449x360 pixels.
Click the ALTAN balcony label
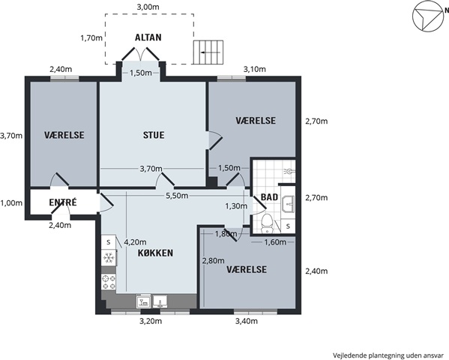[148, 37]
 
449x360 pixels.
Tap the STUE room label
[154, 135]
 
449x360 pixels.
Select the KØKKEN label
[155, 253]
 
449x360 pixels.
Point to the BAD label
[269, 197]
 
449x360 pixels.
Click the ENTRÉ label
[63, 202]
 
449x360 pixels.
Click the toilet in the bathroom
[267, 223]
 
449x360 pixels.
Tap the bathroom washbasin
[288, 204]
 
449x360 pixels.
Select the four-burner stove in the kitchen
[109, 282]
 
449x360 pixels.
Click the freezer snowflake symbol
[109, 258]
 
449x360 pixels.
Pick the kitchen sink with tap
[160, 301]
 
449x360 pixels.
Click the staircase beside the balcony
[208, 52]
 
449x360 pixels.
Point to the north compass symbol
[427, 16]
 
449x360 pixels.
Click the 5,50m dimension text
[177, 196]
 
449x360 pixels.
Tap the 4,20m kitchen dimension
[135, 242]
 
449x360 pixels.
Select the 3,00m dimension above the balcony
[148, 7]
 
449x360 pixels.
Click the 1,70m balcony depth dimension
[91, 37]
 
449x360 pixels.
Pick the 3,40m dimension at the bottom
[247, 321]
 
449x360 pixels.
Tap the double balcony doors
[140, 54]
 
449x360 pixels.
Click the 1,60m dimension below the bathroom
[275, 242]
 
